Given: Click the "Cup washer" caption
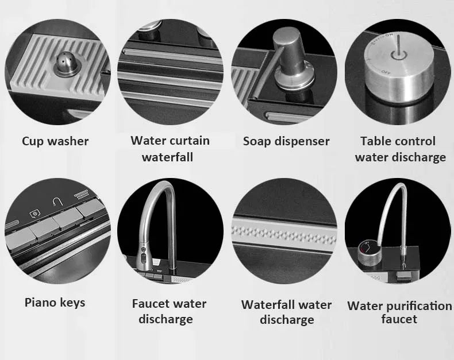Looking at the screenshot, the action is [55, 141].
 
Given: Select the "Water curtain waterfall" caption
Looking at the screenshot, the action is [170, 149].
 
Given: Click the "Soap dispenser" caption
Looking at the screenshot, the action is [286, 141].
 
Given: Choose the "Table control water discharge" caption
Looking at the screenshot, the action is [400, 149].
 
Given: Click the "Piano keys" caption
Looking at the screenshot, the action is [55, 303].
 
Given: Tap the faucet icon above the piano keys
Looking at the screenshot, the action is [57, 201].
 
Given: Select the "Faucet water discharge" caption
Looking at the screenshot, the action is [169, 311].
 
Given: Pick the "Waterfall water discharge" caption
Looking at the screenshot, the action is [287, 312].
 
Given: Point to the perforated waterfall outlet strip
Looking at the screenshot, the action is [284, 233].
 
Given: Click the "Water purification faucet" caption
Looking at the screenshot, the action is [399, 312].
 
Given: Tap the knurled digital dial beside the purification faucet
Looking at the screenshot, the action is [367, 251].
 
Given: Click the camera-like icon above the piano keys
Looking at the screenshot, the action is [35, 214].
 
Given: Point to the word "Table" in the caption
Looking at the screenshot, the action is [375, 141].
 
